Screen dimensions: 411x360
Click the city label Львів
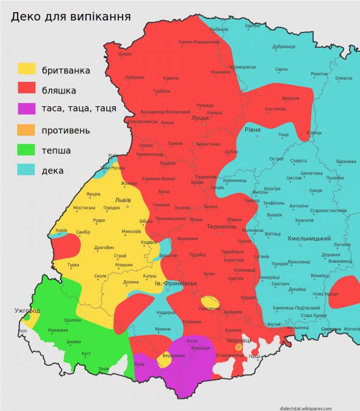click(x=122, y=200)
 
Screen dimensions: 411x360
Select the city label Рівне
click(x=252, y=130)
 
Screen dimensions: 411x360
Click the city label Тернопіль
click(x=217, y=227)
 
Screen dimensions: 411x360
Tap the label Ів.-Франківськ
click(x=175, y=284)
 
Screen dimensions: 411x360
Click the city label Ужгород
click(x=27, y=311)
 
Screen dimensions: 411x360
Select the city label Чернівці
click(x=237, y=340)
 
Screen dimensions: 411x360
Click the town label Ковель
click(x=171, y=78)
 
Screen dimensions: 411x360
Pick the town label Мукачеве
click(x=58, y=330)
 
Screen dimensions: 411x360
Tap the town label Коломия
click(x=192, y=322)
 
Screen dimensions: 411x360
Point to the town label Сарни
click(x=281, y=70)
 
